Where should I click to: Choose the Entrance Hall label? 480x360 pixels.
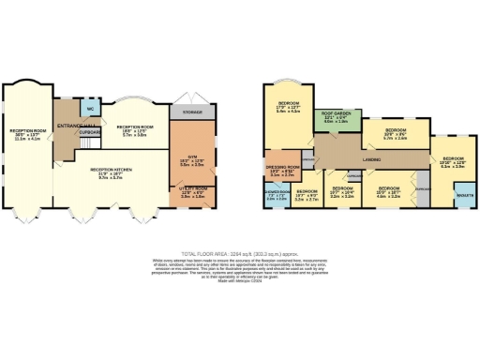[x=72, y=125]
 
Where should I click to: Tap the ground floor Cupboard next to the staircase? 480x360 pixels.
[x=90, y=132]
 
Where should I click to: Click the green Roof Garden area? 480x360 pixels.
[x=335, y=118]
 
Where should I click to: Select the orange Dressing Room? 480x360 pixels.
[x=282, y=172]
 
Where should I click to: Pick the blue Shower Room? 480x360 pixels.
[x=277, y=196]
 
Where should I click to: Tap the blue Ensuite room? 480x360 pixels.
[x=463, y=195]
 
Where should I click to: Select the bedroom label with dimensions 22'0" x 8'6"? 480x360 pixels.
[x=395, y=132]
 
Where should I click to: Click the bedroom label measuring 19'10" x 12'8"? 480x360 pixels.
[x=453, y=162]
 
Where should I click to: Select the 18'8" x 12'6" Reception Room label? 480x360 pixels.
[x=134, y=129]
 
